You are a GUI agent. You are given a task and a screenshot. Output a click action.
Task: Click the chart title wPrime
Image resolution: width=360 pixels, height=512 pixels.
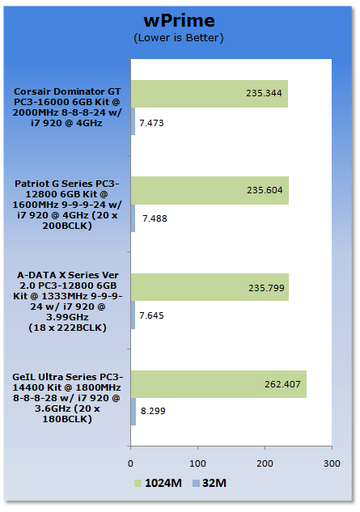tap(180, 20)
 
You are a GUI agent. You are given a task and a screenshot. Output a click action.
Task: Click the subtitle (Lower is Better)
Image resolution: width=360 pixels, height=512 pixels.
tap(179, 38)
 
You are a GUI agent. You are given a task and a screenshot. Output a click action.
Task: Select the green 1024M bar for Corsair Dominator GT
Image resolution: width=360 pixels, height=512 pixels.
tap(210, 94)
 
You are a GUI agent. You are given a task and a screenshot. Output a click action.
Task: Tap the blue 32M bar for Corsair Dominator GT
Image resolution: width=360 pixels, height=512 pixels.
tap(133, 121)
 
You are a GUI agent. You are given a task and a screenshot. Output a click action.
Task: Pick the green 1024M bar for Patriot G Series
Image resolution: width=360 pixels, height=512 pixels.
tap(210, 191)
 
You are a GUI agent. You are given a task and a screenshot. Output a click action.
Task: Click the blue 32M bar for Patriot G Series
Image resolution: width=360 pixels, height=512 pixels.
tap(133, 218)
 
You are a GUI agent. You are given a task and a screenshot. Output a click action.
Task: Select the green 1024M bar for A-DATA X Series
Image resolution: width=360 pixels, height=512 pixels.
tap(210, 287)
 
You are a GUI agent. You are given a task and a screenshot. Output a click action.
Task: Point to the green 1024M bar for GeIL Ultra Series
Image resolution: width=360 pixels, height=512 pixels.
tap(218, 384)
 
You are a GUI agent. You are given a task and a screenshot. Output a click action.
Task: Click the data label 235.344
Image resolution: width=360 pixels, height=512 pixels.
tap(264, 93)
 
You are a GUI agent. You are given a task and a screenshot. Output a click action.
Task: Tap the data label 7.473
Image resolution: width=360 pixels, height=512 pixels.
tap(151, 123)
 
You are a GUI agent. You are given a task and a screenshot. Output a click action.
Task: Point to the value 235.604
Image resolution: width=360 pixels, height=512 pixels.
tap(265, 190)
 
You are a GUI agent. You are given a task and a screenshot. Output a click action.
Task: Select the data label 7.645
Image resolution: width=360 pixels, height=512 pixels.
tap(151, 315)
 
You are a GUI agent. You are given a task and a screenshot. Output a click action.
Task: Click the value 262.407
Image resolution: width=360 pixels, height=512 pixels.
tap(282, 384)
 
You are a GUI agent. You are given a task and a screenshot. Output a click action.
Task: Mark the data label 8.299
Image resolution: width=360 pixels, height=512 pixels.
tap(153, 411)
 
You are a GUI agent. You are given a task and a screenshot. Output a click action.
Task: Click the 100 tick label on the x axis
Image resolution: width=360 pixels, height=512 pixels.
tap(197, 463)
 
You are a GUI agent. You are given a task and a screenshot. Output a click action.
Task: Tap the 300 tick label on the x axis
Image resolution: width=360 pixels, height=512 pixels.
tap(332, 463)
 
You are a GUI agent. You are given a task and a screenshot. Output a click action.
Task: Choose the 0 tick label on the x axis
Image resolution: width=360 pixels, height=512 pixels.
tap(130, 463)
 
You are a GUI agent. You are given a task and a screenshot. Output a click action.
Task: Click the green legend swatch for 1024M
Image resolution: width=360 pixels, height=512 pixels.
tap(138, 483)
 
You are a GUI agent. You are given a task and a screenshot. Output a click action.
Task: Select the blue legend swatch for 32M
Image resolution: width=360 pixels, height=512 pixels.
tap(196, 483)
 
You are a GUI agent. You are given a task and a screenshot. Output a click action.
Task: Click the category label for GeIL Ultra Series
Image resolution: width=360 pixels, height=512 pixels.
tap(67, 398)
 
